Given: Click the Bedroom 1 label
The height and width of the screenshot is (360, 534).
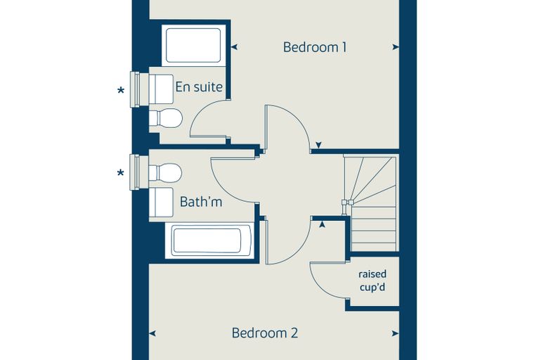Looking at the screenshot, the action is pos(315,47).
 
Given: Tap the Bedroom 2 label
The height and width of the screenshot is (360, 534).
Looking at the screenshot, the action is pos(265,333).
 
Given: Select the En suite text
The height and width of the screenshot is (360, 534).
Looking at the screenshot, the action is pos(199,87).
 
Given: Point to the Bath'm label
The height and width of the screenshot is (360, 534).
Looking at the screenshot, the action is pos(201,202).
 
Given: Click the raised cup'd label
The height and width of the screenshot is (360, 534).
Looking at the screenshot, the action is pos(372,281).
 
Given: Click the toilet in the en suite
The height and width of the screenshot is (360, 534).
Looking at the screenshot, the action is pos(166,118).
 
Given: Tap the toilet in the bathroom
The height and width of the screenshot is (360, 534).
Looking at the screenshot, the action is pos(165,172).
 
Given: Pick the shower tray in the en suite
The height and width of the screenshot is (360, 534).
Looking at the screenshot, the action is pos(193,45).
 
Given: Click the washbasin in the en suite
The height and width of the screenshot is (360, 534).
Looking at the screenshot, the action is pos(161,89).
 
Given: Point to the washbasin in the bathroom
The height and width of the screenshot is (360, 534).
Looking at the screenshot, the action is pos(161,202).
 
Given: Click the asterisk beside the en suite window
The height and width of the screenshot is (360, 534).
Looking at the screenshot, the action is pos(121,91).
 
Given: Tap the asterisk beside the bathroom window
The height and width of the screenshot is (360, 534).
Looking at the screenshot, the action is pos(121,173).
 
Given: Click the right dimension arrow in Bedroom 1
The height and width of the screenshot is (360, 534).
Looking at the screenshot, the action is pos(396,47).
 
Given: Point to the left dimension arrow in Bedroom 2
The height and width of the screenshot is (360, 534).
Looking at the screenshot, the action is pos(152,333).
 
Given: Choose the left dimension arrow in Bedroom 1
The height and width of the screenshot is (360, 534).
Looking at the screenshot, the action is pos(234,47).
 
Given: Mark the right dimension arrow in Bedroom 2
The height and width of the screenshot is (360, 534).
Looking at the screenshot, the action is pos(396,333).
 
